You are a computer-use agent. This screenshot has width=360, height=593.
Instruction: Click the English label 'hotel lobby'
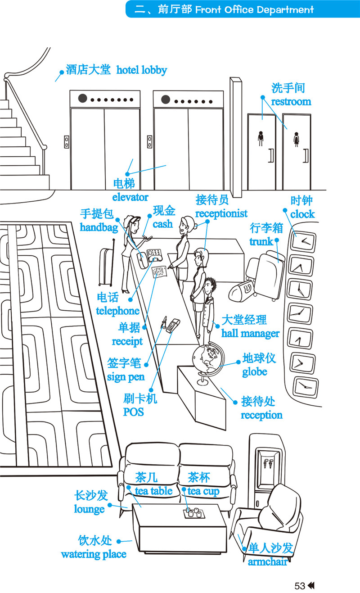[142, 70]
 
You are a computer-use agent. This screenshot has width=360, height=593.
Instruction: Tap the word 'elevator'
[130, 197]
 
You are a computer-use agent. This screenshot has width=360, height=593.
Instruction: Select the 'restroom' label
[291, 102]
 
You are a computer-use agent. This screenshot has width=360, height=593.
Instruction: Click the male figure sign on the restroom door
[261, 139]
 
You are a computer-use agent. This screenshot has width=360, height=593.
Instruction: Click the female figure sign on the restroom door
[296, 140]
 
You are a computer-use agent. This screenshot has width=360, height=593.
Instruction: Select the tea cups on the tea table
[193, 512]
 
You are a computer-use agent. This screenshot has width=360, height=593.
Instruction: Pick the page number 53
[300, 586]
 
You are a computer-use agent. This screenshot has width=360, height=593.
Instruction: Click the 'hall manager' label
[250, 334]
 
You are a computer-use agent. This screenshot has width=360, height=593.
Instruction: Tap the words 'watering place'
[94, 554]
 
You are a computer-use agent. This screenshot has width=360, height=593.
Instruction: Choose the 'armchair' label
[267, 562]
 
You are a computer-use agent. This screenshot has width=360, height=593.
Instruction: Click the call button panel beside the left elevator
[67, 142]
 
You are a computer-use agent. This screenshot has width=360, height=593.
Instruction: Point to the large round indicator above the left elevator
[82, 99]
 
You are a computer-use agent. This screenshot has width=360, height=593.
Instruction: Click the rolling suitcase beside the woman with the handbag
[106, 267]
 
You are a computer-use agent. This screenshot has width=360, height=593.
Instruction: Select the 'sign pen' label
[126, 377]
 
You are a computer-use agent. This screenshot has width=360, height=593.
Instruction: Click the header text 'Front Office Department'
[254, 9]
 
